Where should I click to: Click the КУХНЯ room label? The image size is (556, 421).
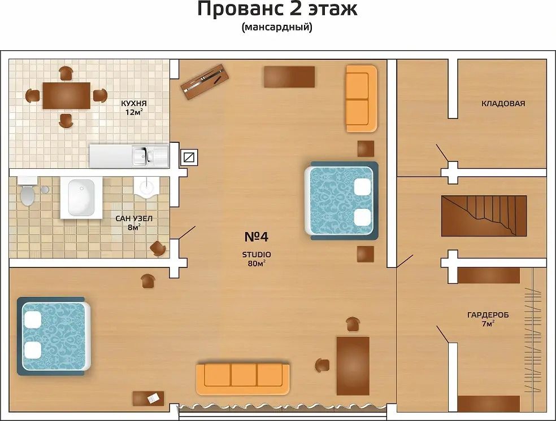134,103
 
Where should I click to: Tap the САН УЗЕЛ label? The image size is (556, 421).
134,218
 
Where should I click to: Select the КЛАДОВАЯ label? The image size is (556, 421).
503,103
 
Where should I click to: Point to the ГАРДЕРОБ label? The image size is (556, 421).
488,315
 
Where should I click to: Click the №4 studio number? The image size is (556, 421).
257,237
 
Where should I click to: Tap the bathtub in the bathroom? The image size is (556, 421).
81,197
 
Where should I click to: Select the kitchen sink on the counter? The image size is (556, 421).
144,156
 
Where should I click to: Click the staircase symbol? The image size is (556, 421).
484,216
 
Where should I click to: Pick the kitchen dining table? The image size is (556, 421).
66,95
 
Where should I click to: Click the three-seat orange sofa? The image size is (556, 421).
243,379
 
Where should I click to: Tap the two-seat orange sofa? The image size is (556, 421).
361,99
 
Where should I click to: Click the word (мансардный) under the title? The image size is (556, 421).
277,27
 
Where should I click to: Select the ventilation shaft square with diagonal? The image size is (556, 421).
189,157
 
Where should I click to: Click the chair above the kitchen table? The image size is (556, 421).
66,73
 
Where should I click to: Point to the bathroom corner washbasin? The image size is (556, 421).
146,187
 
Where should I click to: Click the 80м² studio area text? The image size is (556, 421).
257,263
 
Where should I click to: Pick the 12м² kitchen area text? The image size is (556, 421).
134,112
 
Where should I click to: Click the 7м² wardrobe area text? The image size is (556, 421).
488,323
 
